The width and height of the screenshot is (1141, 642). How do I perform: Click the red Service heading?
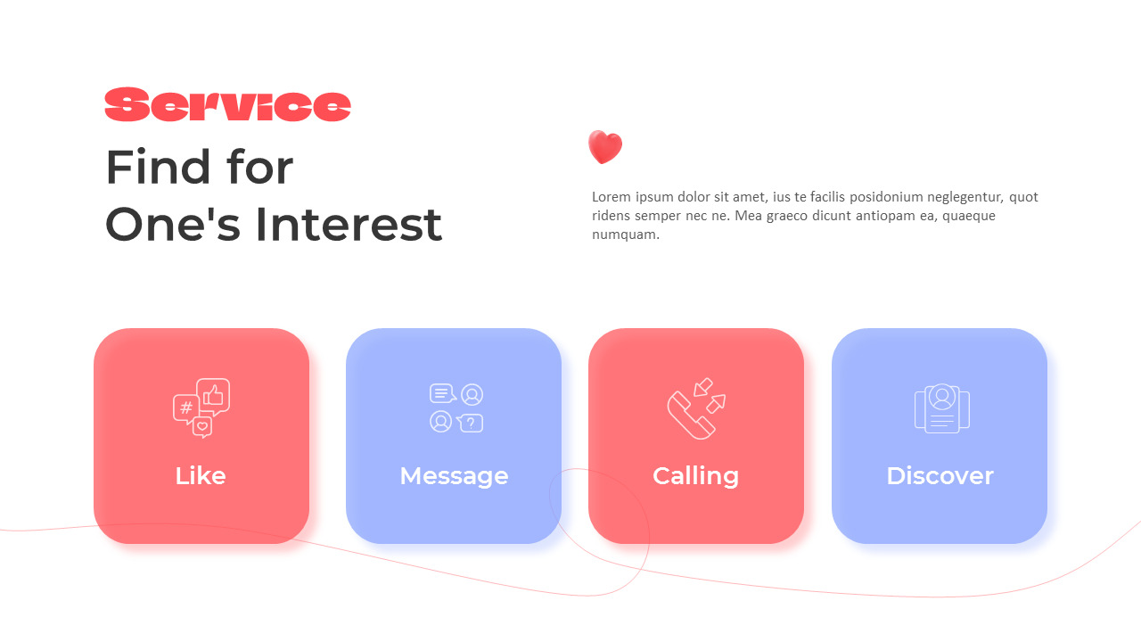pyautogui.click(x=227, y=105)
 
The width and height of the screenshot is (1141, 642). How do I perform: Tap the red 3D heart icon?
pyautogui.click(x=604, y=147)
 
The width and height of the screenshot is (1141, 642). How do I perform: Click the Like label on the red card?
pyautogui.click(x=201, y=476)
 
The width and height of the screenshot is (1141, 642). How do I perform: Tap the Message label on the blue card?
pyautogui.click(x=454, y=476)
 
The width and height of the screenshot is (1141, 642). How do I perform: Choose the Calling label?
pyautogui.click(x=695, y=476)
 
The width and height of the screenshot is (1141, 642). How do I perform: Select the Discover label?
pyautogui.click(x=940, y=476)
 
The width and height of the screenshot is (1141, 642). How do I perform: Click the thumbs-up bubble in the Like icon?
pyautogui.click(x=214, y=394)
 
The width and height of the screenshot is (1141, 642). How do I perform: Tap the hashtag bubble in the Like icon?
pyautogui.click(x=185, y=408)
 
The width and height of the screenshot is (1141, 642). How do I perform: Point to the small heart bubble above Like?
pyautogui.click(x=202, y=427)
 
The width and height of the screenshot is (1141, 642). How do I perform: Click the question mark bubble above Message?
pyautogui.click(x=471, y=423)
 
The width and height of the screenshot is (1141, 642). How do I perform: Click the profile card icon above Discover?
pyautogui.click(x=941, y=409)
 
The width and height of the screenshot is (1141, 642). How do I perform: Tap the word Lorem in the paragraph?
pyautogui.click(x=611, y=197)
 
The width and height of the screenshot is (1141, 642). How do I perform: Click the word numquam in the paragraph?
pyautogui.click(x=625, y=235)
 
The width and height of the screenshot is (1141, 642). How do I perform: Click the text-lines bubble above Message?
pyautogui.click(x=441, y=393)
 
